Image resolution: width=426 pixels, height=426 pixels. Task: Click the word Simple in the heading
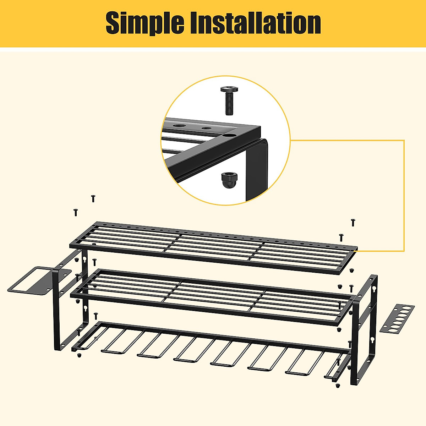tap(144, 23)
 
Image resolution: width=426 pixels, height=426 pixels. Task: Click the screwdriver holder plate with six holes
tap(397, 318)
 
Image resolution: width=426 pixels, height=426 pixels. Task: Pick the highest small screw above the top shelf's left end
tap(93, 198)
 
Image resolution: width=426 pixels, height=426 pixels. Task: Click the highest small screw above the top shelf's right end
tap(353, 223)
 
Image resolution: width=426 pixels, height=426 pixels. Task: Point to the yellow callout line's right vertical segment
tap(404, 195)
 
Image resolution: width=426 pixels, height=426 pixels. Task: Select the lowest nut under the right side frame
tap(337, 386)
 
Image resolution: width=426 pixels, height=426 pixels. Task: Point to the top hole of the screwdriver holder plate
tap(410, 307)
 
